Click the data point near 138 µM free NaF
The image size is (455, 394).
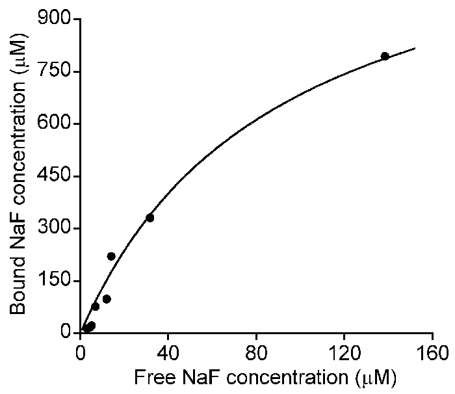[x=385, y=56]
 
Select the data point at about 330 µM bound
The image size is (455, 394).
[x=149, y=218]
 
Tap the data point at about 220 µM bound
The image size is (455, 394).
[x=111, y=256]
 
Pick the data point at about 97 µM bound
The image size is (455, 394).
[x=107, y=299]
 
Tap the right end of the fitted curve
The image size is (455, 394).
[x=415, y=48]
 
